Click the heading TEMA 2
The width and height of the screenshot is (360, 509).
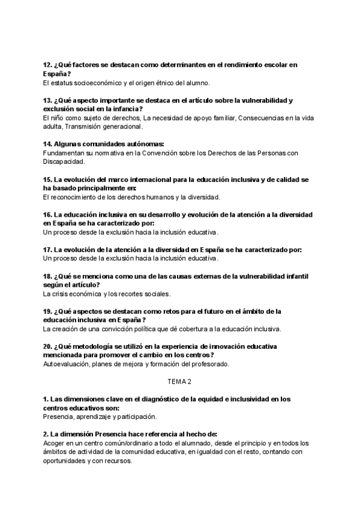pos(179,381)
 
